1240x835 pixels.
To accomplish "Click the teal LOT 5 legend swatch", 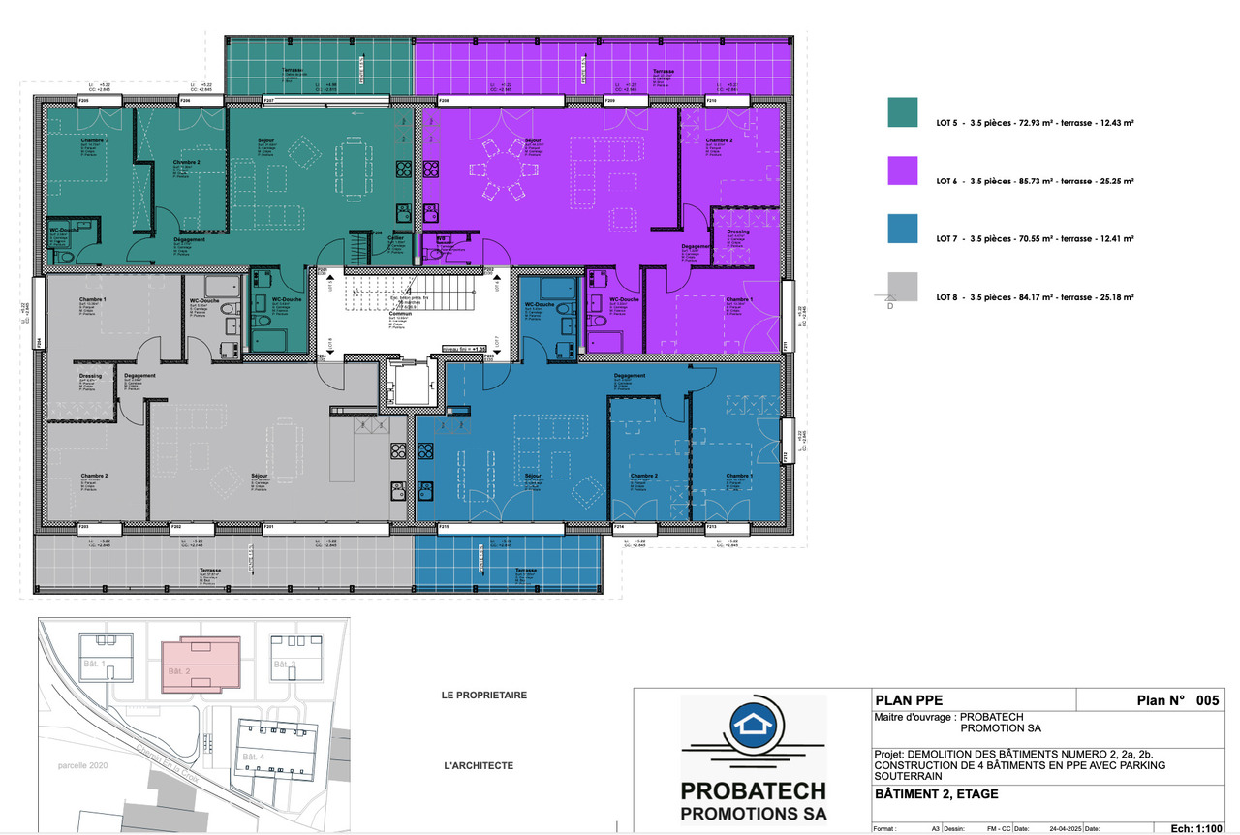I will click(903, 112).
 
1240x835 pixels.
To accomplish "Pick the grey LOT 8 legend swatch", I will click(903, 287).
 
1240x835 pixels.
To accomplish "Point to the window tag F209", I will click(610, 101).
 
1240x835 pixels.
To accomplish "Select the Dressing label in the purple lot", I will click(738, 232).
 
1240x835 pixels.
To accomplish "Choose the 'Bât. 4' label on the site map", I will click(253, 756).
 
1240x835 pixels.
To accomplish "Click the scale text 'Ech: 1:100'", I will click(1195, 828).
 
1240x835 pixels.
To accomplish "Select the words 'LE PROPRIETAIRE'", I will click(483, 695).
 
